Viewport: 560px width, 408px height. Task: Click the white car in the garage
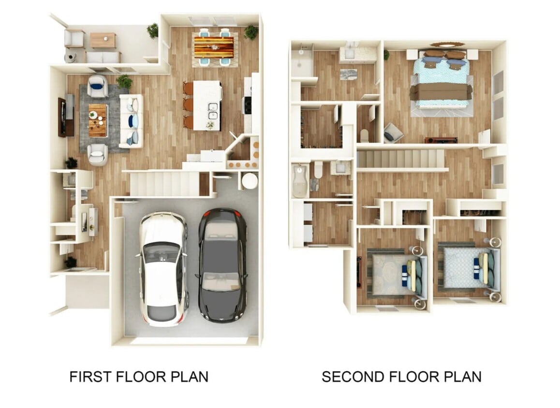click(163, 268)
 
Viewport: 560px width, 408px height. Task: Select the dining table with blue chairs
click(213, 47)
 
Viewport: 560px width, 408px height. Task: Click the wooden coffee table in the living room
click(98, 120)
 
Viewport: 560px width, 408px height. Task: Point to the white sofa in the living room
click(131, 120)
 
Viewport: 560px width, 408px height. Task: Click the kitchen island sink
click(213, 111)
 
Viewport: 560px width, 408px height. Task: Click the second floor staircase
click(400, 158)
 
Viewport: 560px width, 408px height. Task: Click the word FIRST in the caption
click(92, 377)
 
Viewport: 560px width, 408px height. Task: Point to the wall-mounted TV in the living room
click(62, 117)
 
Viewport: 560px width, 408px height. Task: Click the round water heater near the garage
click(250, 181)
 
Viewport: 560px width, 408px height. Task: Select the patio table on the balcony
click(103, 40)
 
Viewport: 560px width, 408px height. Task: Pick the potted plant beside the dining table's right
click(251, 32)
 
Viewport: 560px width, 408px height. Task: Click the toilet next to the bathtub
click(318, 170)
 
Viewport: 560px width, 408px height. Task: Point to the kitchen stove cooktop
click(248, 105)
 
